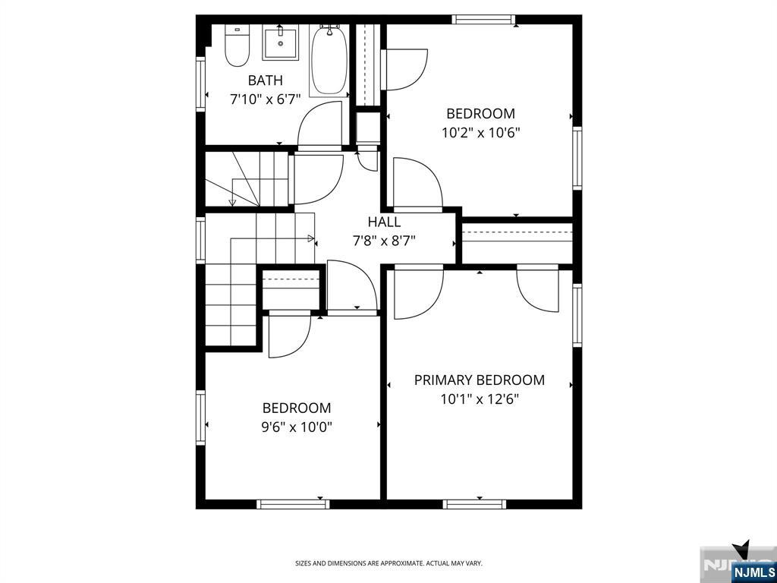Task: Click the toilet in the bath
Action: [x=238, y=45]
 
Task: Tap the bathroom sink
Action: [x=281, y=43]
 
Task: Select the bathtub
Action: [x=329, y=59]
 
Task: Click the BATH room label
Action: [x=265, y=80]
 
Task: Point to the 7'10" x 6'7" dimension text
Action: [x=265, y=99]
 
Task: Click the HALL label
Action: [x=384, y=222]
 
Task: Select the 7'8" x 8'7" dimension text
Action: [x=384, y=241]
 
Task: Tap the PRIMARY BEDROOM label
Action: [x=480, y=380]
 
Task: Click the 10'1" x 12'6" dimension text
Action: [x=480, y=399]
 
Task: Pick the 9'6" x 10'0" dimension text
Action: [x=297, y=427]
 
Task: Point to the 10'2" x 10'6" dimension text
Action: [x=480, y=133]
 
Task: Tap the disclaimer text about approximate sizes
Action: [x=388, y=563]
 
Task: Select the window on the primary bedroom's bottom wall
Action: [x=475, y=504]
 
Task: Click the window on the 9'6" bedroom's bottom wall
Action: [x=293, y=504]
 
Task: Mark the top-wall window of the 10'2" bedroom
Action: [x=483, y=20]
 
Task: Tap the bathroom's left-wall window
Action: [x=200, y=84]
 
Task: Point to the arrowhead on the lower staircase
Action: [x=311, y=238]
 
